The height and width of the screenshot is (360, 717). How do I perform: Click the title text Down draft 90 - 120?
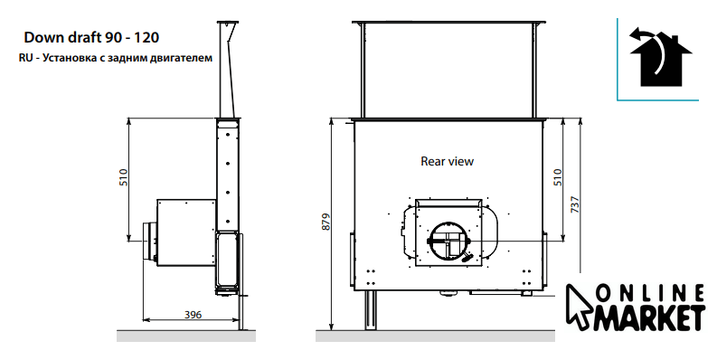(x=91, y=37)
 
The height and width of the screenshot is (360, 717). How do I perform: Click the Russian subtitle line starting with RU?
(x=116, y=58)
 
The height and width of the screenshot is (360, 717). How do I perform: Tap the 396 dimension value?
(x=193, y=314)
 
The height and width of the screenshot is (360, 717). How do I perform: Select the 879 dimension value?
(x=325, y=222)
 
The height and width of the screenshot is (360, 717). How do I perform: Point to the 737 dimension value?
(x=575, y=204)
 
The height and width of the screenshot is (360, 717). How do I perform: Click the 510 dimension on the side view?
(x=124, y=177)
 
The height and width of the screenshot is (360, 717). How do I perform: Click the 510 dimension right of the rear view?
(x=557, y=177)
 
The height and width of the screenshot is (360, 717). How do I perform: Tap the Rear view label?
(x=448, y=161)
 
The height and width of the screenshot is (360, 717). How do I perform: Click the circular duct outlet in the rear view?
(x=449, y=242)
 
